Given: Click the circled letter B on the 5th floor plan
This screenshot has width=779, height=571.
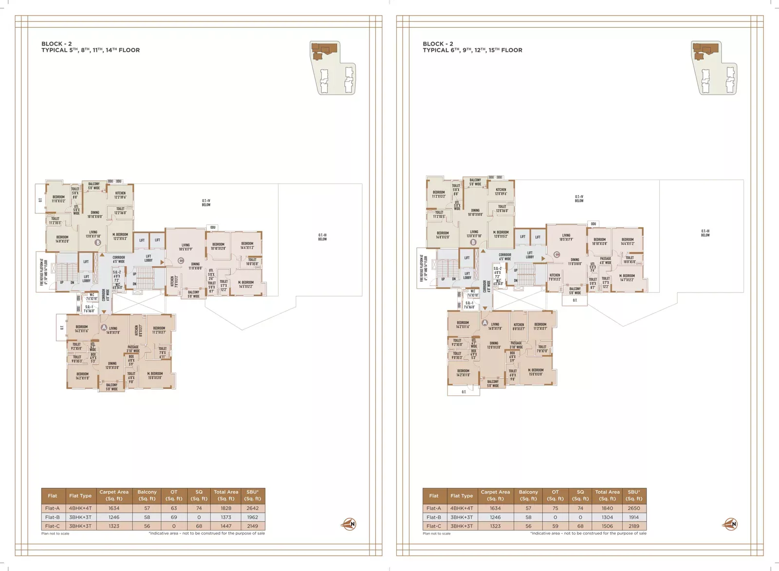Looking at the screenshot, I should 98,242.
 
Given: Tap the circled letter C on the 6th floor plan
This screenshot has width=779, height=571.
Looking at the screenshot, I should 556,255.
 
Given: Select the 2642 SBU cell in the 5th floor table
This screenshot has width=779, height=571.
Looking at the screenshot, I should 252,508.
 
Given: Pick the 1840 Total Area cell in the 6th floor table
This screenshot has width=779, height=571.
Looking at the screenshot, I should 607,508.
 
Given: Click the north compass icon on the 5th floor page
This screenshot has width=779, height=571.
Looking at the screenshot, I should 349,524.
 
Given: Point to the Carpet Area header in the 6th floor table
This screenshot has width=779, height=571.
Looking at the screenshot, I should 495,495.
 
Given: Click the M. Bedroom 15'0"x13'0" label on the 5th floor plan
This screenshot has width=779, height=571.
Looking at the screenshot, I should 155,375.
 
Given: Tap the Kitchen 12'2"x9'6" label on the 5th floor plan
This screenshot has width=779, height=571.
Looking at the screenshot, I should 120,195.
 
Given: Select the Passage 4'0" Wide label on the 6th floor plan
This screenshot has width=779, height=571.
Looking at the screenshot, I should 605,260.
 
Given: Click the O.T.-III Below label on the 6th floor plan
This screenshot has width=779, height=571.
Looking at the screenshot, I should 705,233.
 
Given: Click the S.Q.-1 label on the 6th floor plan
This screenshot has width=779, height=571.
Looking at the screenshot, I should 469,305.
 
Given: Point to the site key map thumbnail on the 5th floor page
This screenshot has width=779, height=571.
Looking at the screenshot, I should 333,68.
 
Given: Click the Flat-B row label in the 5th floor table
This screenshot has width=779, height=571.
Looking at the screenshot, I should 52,517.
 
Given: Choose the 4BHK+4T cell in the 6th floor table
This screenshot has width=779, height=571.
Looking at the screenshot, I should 461,508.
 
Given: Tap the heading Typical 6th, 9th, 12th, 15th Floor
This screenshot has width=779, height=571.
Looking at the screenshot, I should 472,50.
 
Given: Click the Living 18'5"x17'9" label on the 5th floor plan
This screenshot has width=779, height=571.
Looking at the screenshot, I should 185,247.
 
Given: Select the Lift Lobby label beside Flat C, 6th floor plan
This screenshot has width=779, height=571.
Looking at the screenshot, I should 530,255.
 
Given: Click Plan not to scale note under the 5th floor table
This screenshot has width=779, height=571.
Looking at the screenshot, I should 55,534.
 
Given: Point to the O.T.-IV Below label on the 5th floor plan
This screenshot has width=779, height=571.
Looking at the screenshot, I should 206,203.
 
